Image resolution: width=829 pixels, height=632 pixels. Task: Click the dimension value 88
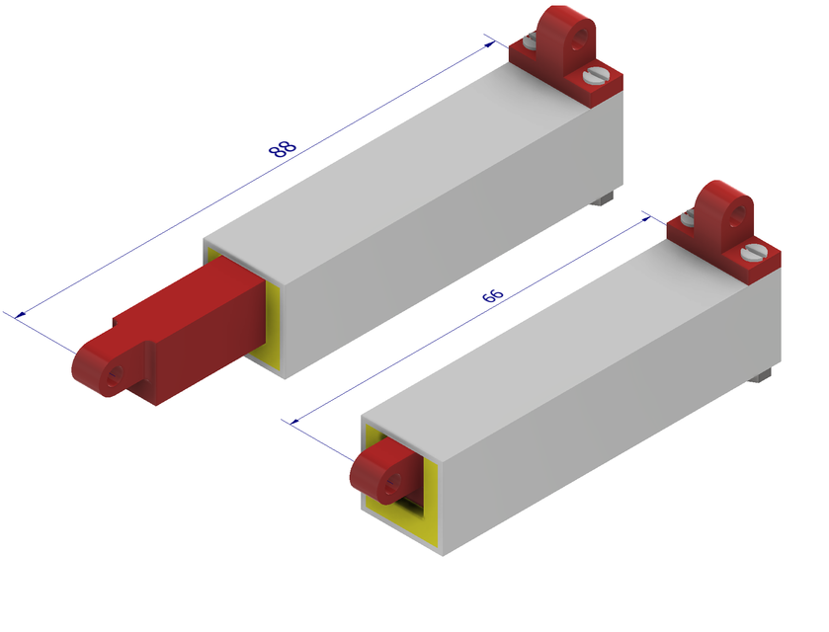[x=283, y=149]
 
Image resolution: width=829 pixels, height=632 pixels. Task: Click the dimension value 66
[x=492, y=295]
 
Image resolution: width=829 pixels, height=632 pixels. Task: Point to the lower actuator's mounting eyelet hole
[x=737, y=215]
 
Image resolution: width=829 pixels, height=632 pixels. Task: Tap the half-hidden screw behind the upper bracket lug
[x=530, y=41]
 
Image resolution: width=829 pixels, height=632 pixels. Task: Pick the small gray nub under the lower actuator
[x=761, y=376]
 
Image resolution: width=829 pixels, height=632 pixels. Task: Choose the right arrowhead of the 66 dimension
[x=645, y=216]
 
